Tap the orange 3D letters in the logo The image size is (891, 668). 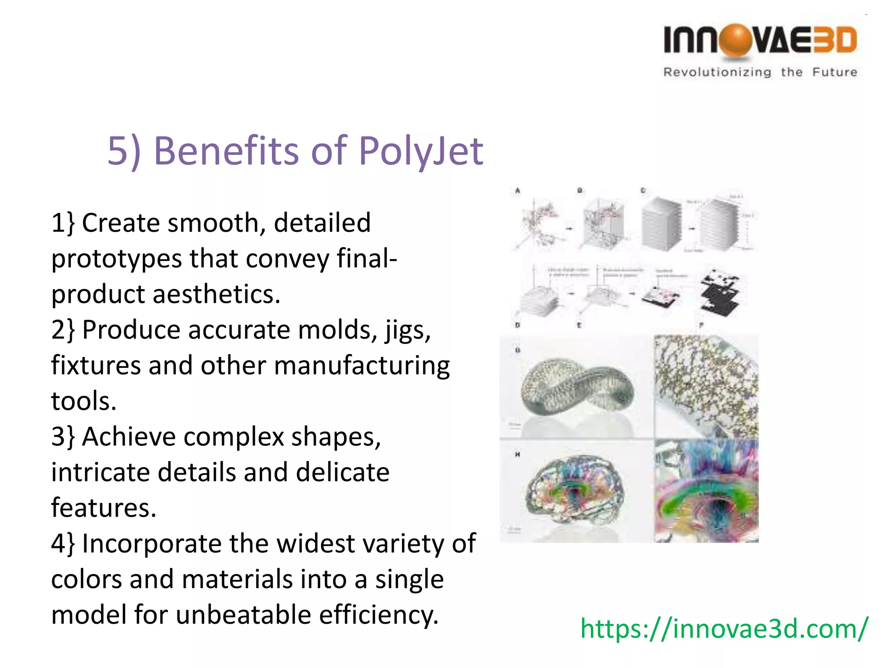click(x=835, y=40)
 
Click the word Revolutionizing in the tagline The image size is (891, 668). click(x=717, y=72)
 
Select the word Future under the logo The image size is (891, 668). click(x=835, y=72)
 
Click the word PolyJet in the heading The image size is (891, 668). click(x=421, y=151)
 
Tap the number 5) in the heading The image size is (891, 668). click(x=124, y=151)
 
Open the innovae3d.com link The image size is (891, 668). click(x=724, y=628)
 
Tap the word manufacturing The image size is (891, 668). click(x=362, y=365)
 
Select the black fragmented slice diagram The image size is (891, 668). click(x=720, y=293)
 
